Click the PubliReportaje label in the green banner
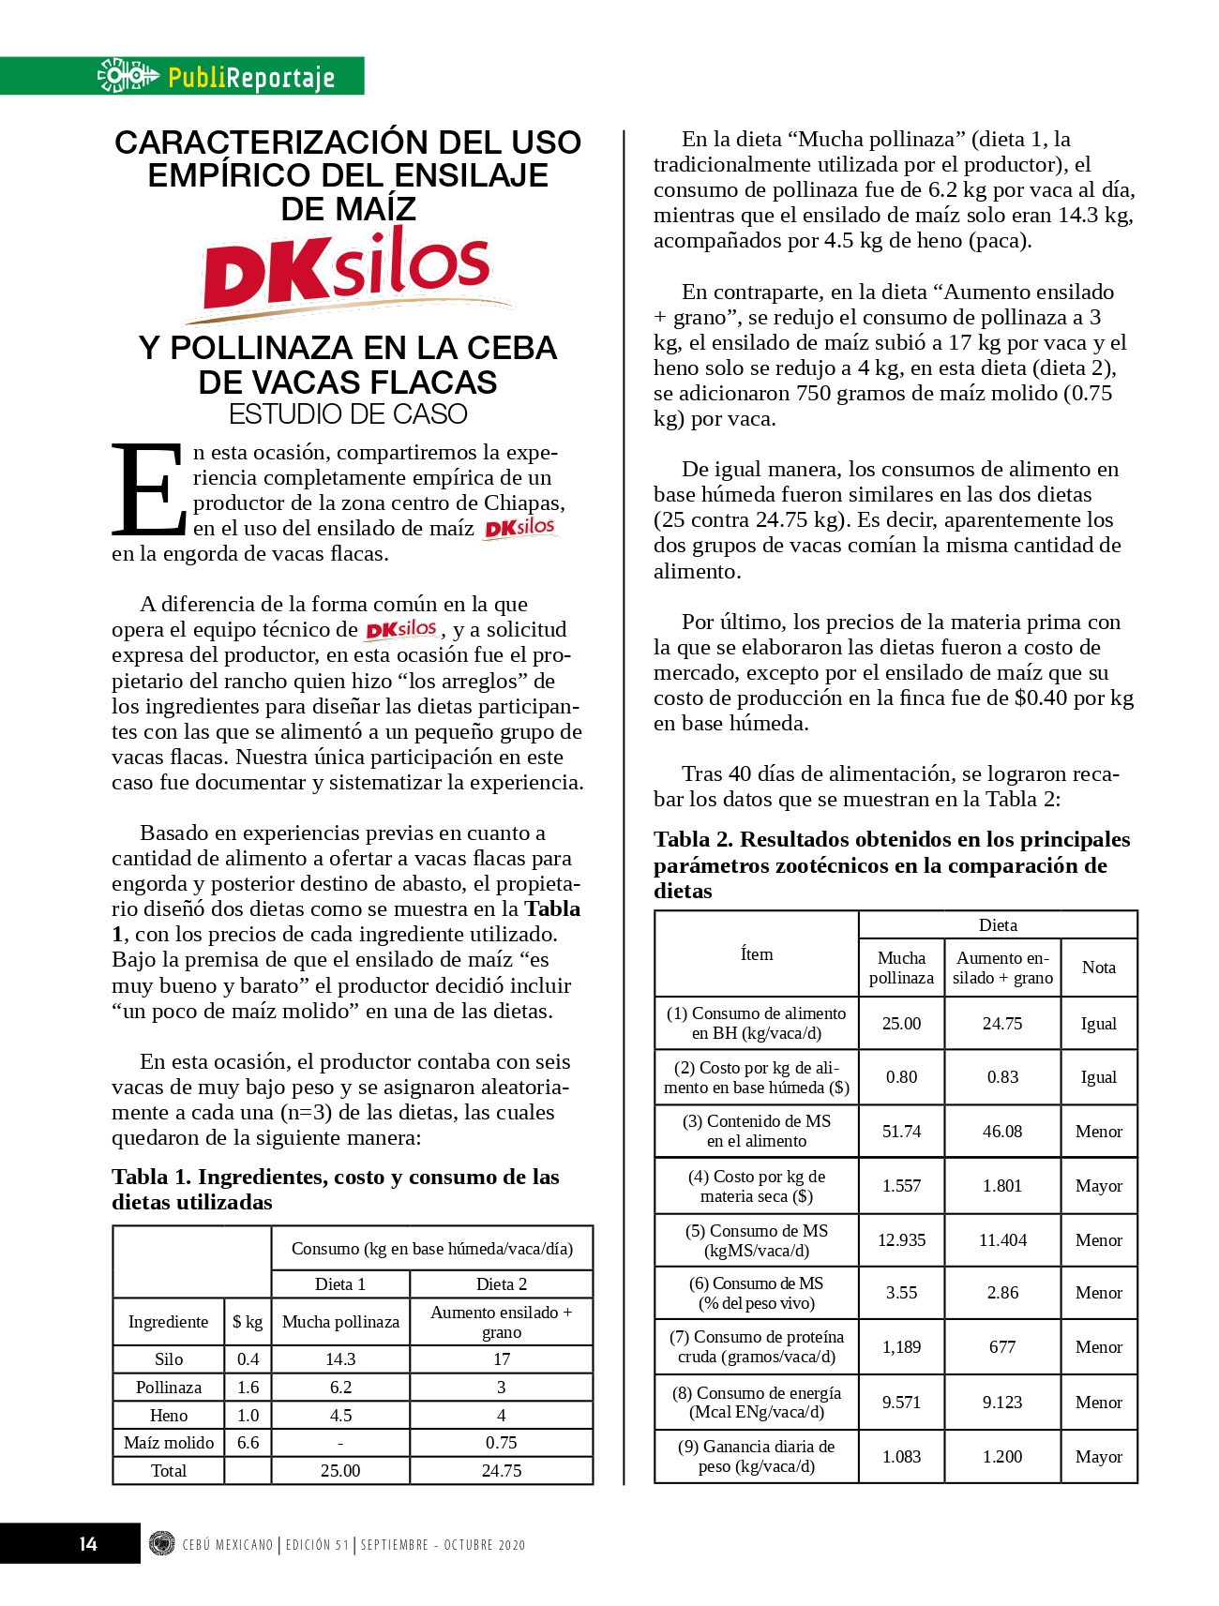(x=250, y=77)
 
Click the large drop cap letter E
(x=148, y=488)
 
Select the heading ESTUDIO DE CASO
(x=348, y=414)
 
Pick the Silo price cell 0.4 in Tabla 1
(x=248, y=1359)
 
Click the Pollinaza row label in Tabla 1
(x=169, y=1388)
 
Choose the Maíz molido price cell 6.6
(x=248, y=1443)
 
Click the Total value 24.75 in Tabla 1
(x=502, y=1471)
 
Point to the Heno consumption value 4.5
(x=340, y=1416)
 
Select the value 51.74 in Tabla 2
(x=901, y=1132)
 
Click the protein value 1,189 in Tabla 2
(x=901, y=1347)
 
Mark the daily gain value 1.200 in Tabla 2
(x=1002, y=1457)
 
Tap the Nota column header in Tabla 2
(x=1099, y=968)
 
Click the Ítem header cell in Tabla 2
(x=757, y=954)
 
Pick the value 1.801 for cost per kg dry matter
(x=1002, y=1186)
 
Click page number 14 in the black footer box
(x=88, y=1544)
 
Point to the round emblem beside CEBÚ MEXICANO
(x=162, y=1543)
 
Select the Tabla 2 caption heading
(x=891, y=864)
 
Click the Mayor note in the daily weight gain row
(x=1099, y=1457)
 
